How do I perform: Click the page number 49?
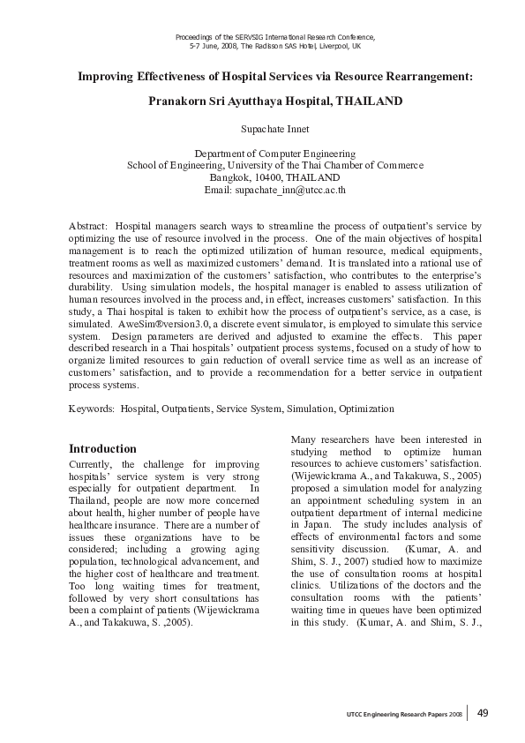484,713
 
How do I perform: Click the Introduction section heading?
102,448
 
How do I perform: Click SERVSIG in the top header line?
250,36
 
